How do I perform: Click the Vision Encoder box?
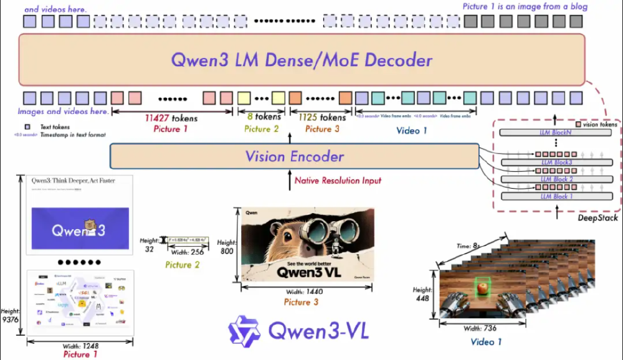(x=294, y=156)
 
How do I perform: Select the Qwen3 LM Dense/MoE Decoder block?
(x=302, y=60)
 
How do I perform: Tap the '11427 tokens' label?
(x=171, y=118)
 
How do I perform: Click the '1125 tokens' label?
(x=322, y=117)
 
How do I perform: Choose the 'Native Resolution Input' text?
(x=338, y=181)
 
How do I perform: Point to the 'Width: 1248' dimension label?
(x=80, y=346)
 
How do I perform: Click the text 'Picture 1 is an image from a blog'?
(x=525, y=6)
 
